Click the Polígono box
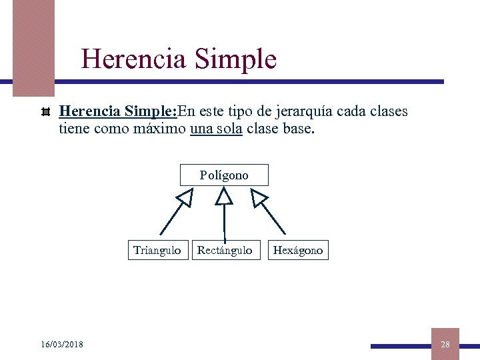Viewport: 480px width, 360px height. [x=224, y=175]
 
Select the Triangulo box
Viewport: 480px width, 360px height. [x=157, y=250]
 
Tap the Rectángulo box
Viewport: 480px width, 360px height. [x=225, y=250]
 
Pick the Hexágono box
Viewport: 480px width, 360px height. [x=298, y=250]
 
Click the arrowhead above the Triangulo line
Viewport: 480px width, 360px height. [x=184, y=197]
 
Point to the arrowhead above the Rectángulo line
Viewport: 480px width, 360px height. [x=224, y=196]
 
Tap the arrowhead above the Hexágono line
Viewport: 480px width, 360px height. [x=259, y=197]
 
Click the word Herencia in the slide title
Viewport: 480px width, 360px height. [x=133, y=59]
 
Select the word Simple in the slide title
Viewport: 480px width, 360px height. [x=235, y=59]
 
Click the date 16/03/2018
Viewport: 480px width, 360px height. [x=62, y=344]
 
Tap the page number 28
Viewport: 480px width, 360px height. [x=445, y=344]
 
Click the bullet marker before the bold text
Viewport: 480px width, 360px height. [x=46, y=111]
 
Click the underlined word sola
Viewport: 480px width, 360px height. [x=229, y=128]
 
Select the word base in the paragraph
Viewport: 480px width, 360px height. [x=295, y=128]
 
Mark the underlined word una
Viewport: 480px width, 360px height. [x=201, y=128]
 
